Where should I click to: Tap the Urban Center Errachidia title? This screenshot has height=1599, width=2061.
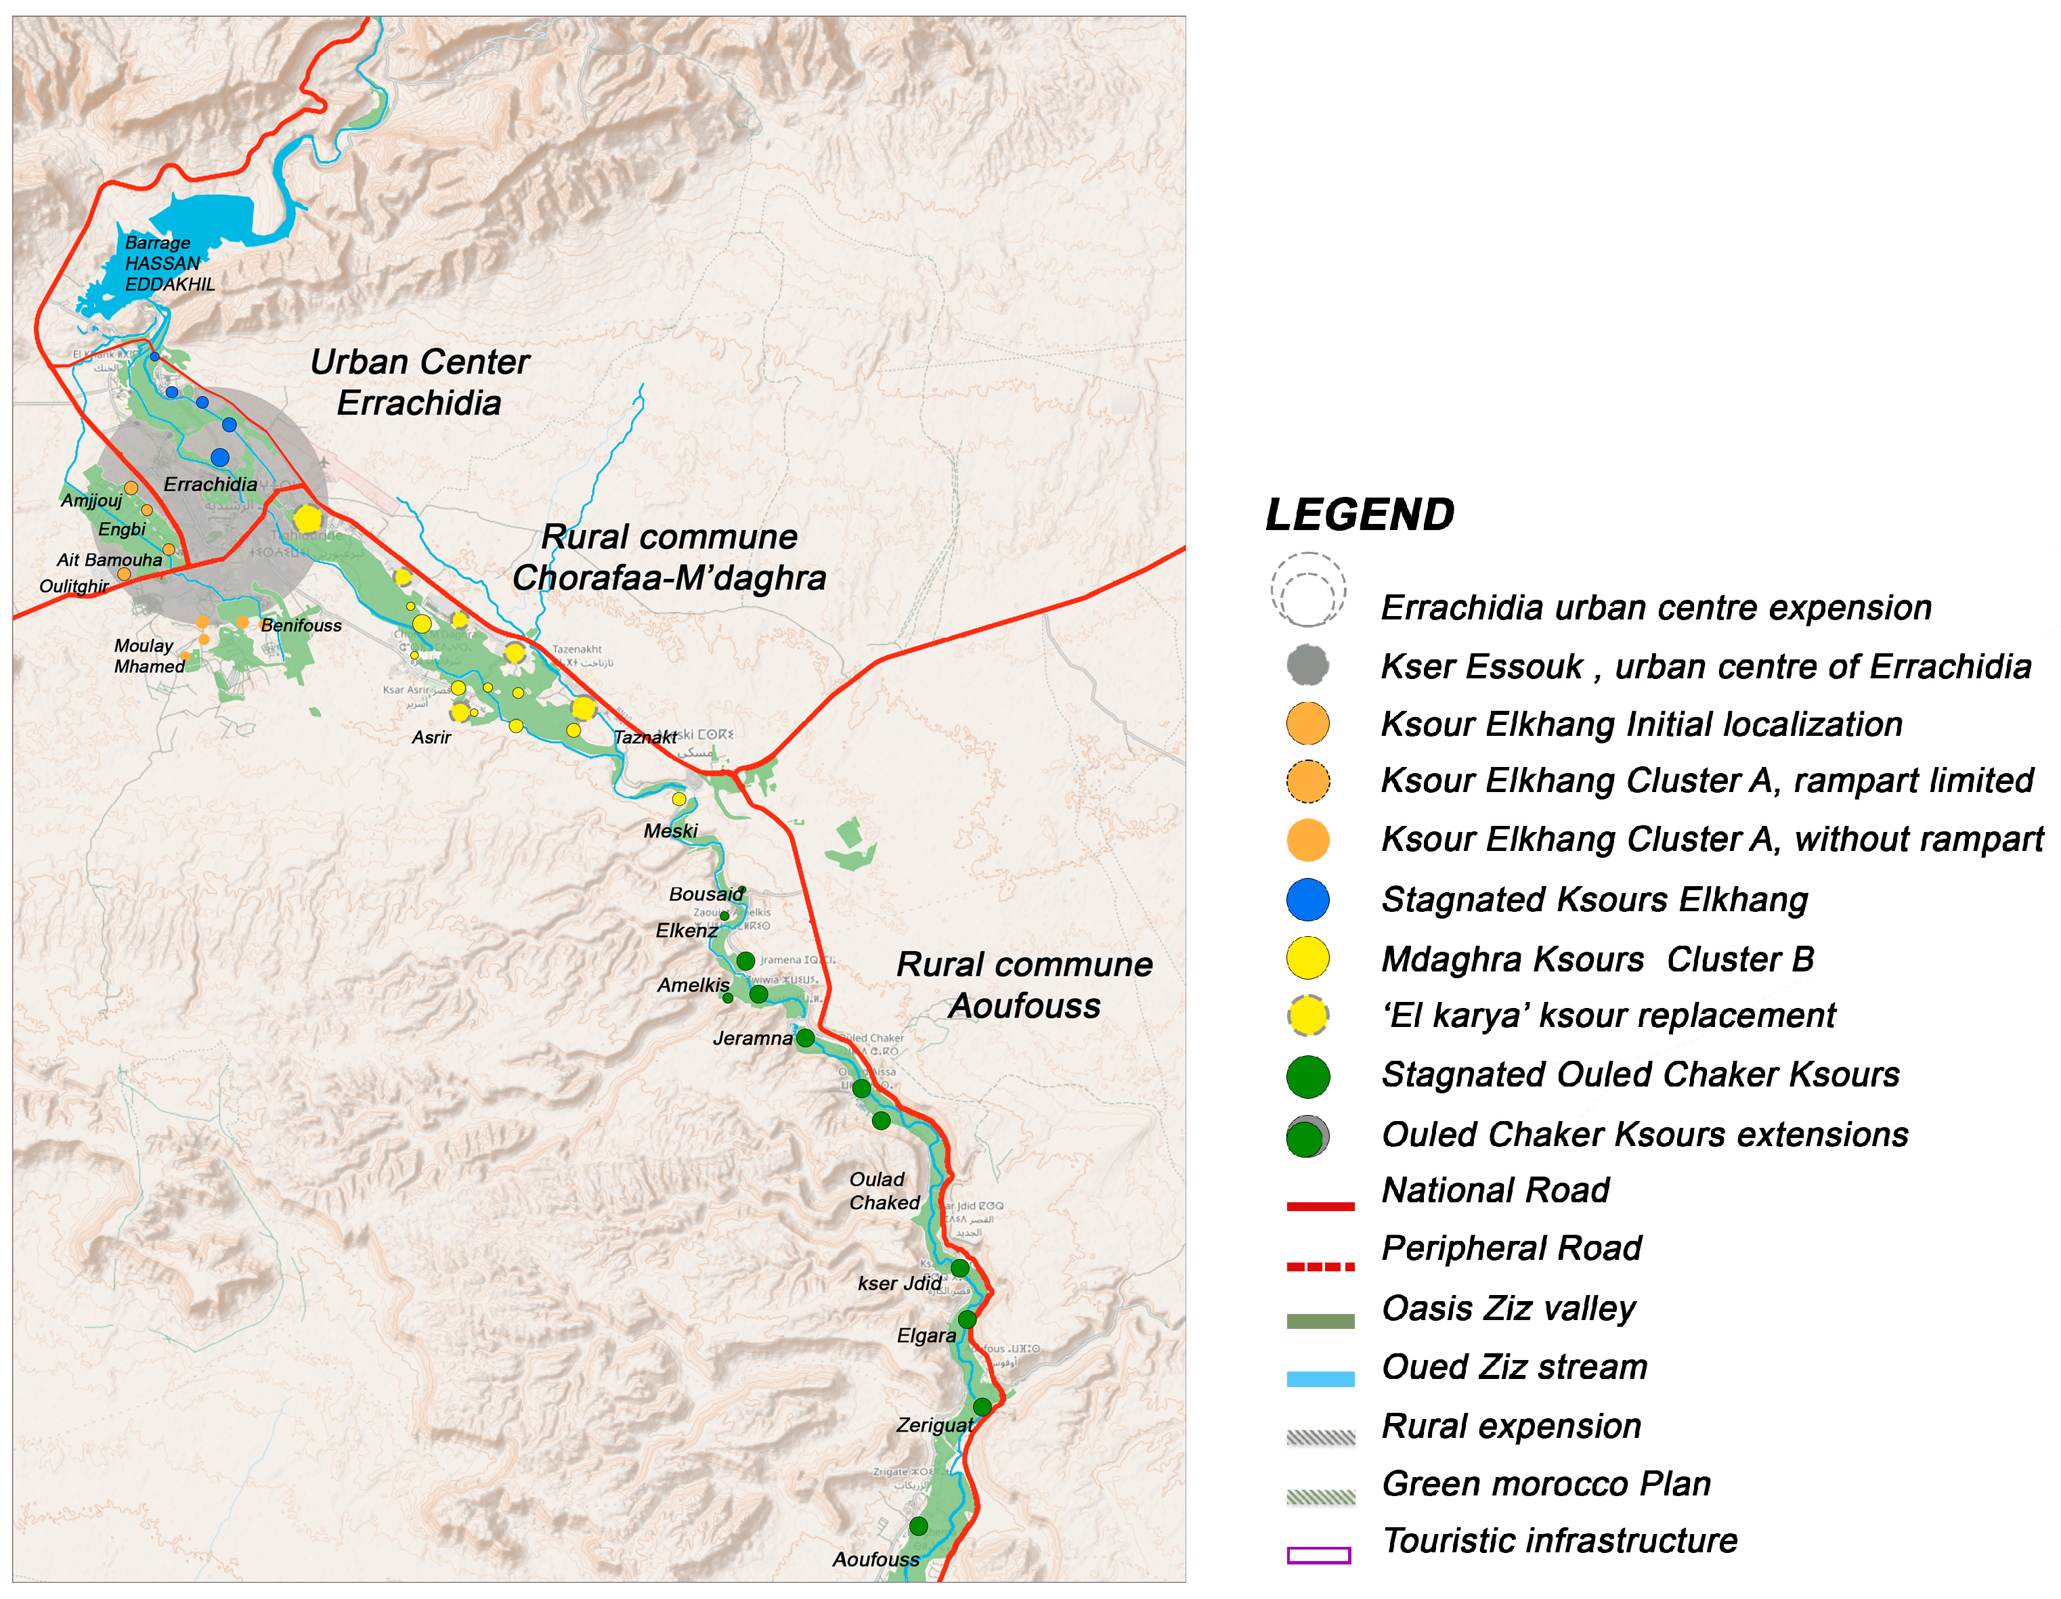pos(419,382)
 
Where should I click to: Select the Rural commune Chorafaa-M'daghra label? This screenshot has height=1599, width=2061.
pos(669,558)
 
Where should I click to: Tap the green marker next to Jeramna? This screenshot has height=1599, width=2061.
pos(805,1038)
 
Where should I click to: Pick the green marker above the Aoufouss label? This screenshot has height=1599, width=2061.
pos(918,1525)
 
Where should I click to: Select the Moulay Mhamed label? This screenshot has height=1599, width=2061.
pos(149,655)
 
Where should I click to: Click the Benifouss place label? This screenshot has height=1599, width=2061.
pos(301,626)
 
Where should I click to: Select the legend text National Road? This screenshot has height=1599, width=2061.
pos(1496,1191)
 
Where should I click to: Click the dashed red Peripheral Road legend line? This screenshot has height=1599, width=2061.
pos(1320,1267)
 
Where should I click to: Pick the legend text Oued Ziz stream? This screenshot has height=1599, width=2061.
pos(1514,1367)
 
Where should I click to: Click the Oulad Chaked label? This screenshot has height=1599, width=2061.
pos(884,1191)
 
